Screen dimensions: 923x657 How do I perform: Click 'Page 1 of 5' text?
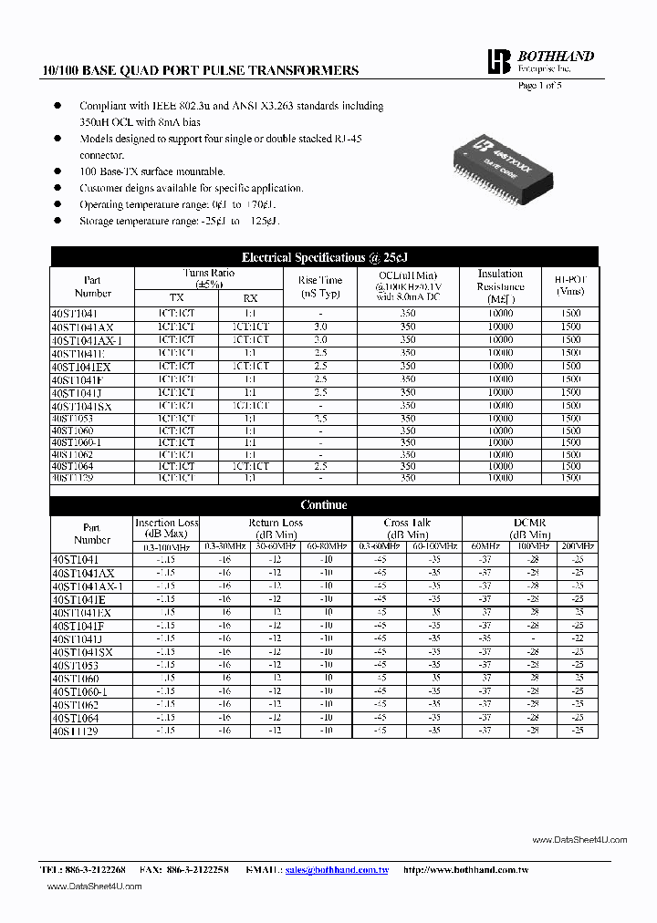click(x=540, y=85)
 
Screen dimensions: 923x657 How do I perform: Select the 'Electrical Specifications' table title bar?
click(x=324, y=257)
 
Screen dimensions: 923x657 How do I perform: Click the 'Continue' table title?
click(x=324, y=504)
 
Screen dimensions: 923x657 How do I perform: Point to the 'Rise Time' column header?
click(x=320, y=286)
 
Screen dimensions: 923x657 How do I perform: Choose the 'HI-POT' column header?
click(x=569, y=286)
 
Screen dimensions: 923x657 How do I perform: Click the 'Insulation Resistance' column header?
click(x=500, y=285)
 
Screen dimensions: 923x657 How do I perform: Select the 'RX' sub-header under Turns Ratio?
click(x=250, y=298)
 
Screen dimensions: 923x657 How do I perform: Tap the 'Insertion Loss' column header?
click(x=167, y=528)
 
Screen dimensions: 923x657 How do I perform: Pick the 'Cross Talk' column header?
click(x=407, y=528)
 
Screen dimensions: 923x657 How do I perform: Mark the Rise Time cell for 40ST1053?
click(x=320, y=418)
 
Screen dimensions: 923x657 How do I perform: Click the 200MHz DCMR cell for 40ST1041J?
click(x=577, y=638)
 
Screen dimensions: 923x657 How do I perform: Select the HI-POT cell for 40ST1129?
click(x=569, y=478)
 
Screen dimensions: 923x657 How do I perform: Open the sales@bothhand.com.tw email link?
click(x=337, y=870)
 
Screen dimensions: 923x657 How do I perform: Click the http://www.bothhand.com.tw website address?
click(x=465, y=870)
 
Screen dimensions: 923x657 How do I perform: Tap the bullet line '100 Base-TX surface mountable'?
click(x=151, y=171)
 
